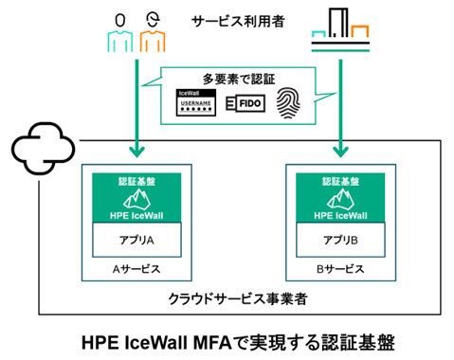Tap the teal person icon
(118, 30)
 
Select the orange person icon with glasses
(152, 30)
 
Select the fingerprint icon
(289, 101)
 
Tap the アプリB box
(339, 241)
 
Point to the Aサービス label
(135, 268)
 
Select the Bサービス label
(339, 268)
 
